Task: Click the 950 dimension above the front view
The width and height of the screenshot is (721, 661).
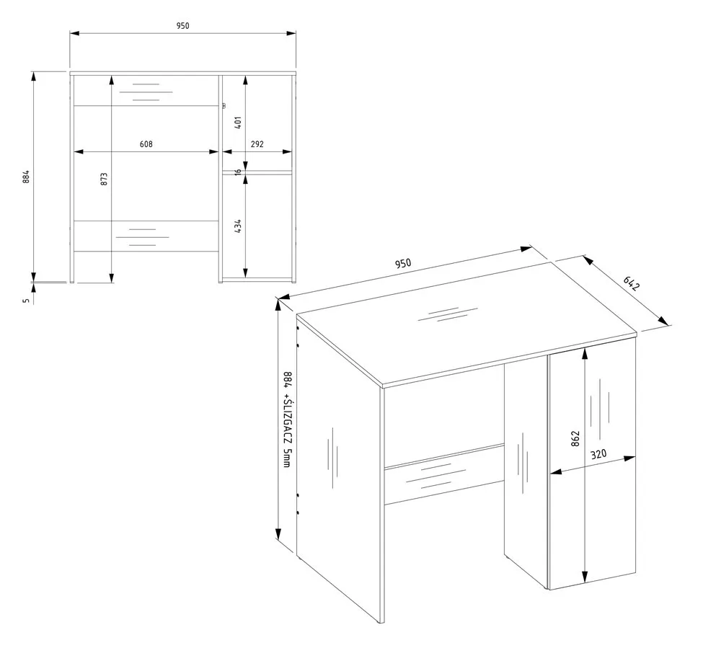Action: [x=182, y=26]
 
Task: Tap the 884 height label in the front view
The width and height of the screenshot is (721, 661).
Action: [x=26, y=177]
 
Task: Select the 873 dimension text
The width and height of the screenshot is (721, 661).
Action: [x=104, y=179]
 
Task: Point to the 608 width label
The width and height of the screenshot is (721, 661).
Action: [x=146, y=144]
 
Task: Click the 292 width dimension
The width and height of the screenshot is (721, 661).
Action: [x=257, y=144]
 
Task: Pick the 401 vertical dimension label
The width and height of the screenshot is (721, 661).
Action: [x=238, y=123]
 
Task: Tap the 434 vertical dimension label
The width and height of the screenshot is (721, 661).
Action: [x=238, y=226]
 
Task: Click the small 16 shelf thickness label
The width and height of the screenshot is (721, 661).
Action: [x=238, y=172]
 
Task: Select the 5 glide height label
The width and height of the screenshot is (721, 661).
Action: [x=26, y=301]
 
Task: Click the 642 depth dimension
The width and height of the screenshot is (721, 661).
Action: [x=632, y=283]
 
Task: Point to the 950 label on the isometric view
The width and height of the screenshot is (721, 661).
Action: [x=403, y=263]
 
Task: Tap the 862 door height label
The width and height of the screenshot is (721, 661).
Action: [x=575, y=438]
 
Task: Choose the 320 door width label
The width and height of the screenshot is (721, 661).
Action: [x=598, y=455]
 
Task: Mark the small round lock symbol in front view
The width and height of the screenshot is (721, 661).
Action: [x=224, y=106]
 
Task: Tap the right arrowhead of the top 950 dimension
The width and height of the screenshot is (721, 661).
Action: [x=291, y=33]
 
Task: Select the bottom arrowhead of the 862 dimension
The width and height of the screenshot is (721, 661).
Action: [x=585, y=577]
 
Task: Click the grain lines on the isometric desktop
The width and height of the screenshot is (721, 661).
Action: [x=448, y=314]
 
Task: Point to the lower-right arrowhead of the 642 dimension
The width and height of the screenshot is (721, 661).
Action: [x=663, y=320]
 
